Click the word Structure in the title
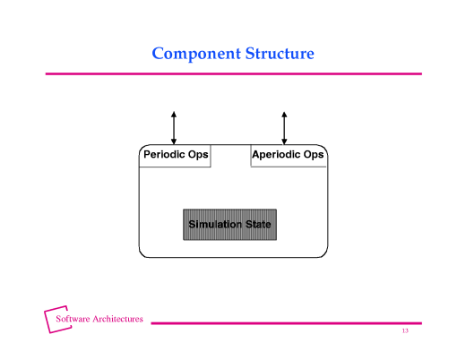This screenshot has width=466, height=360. point(279,54)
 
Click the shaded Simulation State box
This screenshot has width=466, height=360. point(229,225)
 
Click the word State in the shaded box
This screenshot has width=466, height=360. point(258,224)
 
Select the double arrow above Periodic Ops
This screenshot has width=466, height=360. point(174,127)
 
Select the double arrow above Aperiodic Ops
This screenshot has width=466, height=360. point(284,127)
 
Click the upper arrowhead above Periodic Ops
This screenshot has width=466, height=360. point(174,114)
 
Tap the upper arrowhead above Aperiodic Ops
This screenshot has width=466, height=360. point(284,114)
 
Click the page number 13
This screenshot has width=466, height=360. point(405,331)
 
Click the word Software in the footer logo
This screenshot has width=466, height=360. point(73,319)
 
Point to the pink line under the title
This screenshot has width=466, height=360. point(233,73)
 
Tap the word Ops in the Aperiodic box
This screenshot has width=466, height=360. point(314,155)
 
